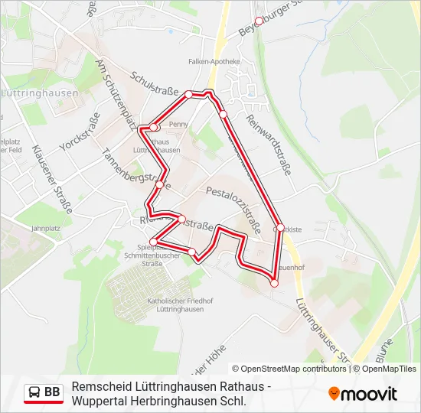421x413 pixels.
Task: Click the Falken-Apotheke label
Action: pos(219,61)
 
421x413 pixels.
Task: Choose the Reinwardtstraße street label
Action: pos(269,145)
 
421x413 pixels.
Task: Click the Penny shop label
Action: pos(178,124)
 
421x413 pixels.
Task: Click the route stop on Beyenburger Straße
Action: pos(258,21)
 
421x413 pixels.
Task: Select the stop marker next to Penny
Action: pos(154,127)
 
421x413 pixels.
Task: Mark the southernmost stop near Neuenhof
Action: pos(274,283)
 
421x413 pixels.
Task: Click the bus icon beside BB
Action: pos(34,392)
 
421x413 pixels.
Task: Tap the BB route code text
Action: pos(52,392)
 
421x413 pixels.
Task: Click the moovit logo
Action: pos(363,393)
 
